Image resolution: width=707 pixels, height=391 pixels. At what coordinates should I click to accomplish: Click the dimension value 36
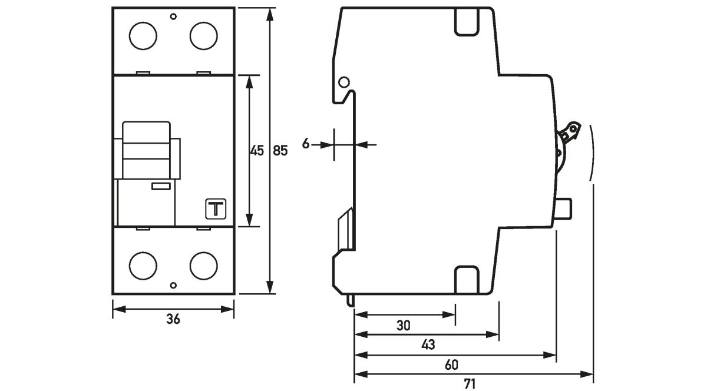tap(173, 320)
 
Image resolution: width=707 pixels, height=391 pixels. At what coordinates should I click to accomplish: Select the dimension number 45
tap(256, 151)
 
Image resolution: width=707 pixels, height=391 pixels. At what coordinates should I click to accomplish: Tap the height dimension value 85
tap(280, 151)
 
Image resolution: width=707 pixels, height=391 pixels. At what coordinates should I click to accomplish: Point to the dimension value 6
tap(306, 144)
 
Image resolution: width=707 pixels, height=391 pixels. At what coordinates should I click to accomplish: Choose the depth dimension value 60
tap(451, 365)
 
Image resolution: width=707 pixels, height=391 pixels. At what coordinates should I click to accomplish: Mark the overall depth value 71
tap(470, 384)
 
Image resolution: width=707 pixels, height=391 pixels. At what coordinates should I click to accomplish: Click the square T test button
tap(215, 209)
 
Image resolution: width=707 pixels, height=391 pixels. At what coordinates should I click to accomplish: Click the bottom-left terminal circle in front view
tap(143, 266)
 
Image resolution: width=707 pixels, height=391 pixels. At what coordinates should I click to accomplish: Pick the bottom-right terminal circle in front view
tap(203, 266)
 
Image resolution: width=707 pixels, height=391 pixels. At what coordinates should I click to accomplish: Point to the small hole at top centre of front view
tap(173, 16)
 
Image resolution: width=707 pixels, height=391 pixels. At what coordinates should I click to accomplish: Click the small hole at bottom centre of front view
tap(173, 286)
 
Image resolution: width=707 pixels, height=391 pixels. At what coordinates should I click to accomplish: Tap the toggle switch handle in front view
tap(146, 150)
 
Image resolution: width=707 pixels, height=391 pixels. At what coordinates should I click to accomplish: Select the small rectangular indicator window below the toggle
tap(161, 187)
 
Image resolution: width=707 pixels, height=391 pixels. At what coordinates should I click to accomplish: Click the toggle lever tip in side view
tap(571, 129)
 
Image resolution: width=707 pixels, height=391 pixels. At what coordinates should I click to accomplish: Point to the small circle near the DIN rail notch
tap(344, 82)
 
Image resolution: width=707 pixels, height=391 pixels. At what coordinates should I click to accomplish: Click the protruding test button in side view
tap(564, 208)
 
